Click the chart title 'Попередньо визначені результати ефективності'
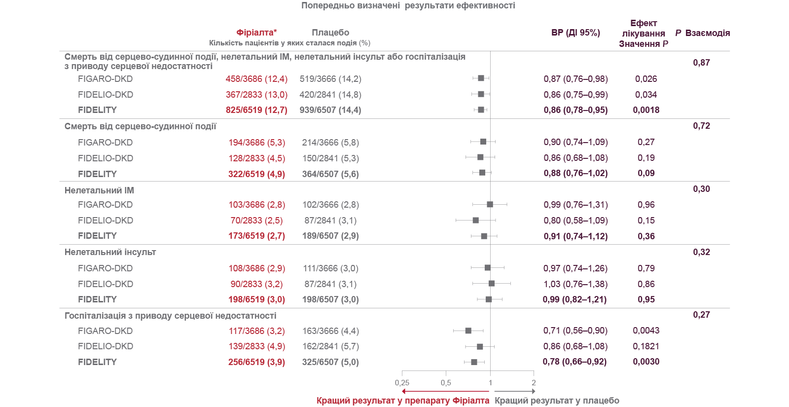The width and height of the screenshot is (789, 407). (408, 6)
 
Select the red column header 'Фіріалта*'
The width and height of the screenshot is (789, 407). (256, 33)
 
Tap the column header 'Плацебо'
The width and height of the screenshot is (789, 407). (330, 33)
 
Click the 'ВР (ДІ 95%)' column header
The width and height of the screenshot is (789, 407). (575, 33)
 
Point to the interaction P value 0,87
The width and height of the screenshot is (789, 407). (701, 63)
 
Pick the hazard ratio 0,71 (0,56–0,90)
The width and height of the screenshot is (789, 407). (575, 331)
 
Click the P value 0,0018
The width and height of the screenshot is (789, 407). (646, 110)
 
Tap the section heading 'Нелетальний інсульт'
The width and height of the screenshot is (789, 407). (110, 252)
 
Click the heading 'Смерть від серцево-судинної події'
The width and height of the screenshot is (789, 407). (140, 126)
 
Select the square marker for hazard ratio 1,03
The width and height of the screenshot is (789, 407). (492, 283)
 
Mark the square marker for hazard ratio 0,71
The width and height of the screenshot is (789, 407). (468, 331)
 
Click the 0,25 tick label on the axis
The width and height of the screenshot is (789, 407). (402, 383)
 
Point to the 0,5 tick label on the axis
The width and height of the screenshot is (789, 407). (446, 383)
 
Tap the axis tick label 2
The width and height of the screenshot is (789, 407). (534, 383)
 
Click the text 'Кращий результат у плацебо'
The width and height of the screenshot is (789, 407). (557, 401)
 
